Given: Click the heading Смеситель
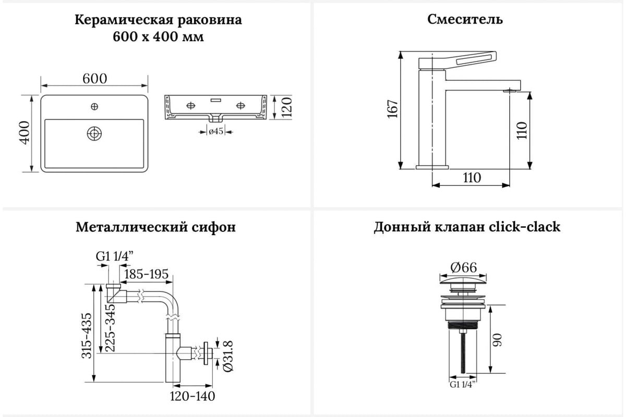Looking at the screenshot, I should tap(465, 20).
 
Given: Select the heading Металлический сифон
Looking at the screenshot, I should tap(155, 228).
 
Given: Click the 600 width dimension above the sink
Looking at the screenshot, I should tap(95, 78).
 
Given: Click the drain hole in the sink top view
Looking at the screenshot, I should tap(94, 133).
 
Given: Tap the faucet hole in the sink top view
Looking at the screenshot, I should tap(94, 107).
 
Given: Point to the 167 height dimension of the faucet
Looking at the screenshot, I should tap(393, 109).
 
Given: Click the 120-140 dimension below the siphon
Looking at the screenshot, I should tap(192, 396).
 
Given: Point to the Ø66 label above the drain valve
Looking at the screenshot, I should tap(463, 267).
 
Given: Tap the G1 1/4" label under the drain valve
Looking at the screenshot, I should tap(464, 385).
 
